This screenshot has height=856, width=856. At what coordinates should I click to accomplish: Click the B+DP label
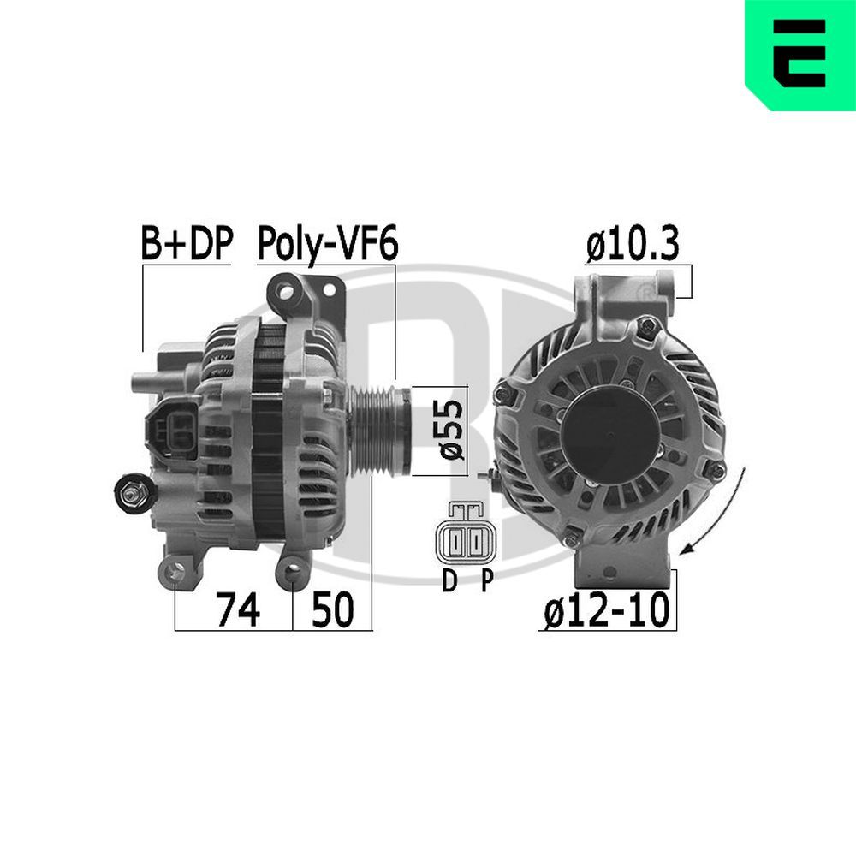(186, 245)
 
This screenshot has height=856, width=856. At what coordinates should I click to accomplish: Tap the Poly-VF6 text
(327, 245)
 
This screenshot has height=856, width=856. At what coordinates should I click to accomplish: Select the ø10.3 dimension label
(633, 245)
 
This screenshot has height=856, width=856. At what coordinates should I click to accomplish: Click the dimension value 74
(237, 611)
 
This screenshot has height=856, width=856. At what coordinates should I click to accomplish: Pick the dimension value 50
(332, 611)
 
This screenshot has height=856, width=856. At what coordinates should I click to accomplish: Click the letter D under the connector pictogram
(449, 582)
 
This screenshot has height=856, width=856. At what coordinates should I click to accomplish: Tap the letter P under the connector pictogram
(486, 582)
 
